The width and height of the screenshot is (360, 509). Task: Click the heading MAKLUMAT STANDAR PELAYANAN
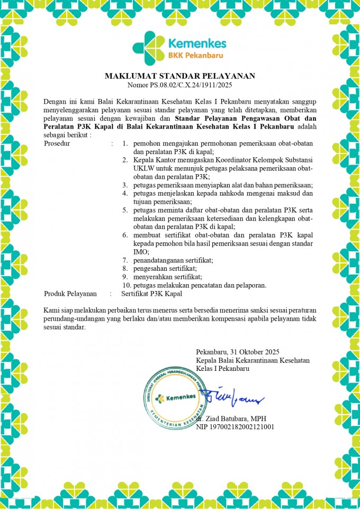click(x=180, y=76)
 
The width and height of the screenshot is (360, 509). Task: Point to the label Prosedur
click(x=57, y=143)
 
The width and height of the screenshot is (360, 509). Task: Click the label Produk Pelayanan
click(x=70, y=293)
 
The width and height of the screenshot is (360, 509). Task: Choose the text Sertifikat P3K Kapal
click(x=151, y=293)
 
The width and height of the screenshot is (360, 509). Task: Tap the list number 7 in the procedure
click(x=125, y=260)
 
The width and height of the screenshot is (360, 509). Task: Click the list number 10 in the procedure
click(x=125, y=285)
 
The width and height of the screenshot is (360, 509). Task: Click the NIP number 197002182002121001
click(x=235, y=426)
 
